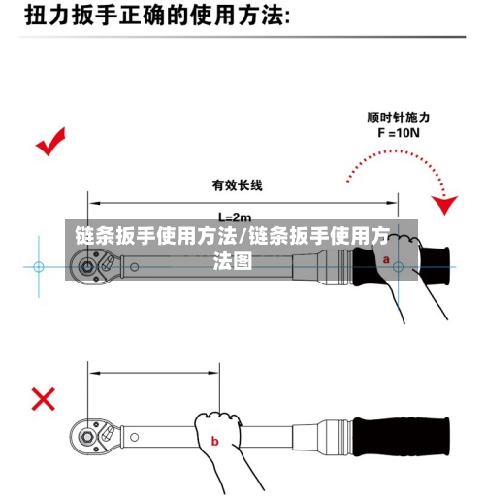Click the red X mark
click(44, 398)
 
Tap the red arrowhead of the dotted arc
click(445, 206)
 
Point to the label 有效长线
click(237, 184)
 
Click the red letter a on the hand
click(387, 260)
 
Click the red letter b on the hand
click(215, 442)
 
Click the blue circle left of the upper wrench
click(39, 265)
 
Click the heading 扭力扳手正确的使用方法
click(155, 17)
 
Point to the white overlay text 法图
click(233, 261)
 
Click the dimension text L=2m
click(234, 217)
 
